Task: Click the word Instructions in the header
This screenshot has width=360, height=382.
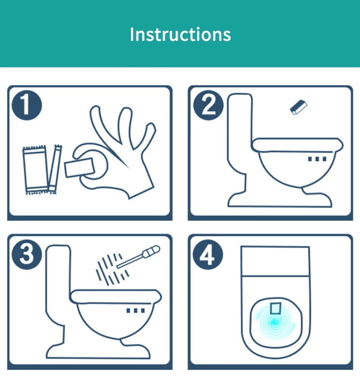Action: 180,34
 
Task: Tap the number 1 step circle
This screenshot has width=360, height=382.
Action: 27,105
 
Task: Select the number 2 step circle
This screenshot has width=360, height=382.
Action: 208,105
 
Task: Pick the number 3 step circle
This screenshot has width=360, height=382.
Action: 27,255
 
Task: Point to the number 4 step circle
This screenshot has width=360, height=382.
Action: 208,255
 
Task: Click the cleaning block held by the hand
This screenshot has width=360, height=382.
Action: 79,167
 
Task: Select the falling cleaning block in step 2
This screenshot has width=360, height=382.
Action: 298,107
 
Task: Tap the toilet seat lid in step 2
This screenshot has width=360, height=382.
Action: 297,145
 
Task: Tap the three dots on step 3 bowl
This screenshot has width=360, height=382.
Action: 135,311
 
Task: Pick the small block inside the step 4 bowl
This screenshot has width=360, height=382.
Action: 276,308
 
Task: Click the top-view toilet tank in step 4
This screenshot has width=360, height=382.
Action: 275,262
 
